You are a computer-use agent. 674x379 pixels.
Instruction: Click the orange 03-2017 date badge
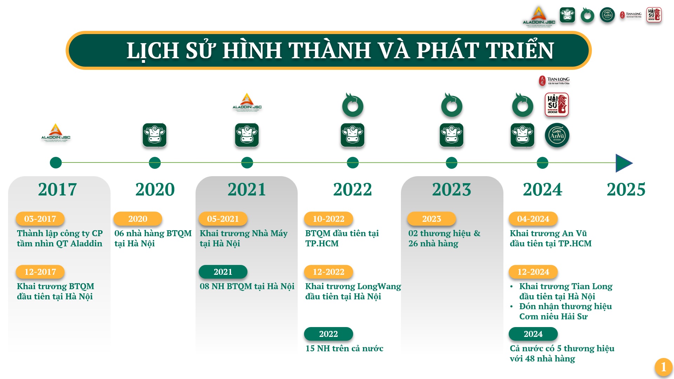click(40, 219)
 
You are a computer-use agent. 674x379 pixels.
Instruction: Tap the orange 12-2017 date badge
click(40, 272)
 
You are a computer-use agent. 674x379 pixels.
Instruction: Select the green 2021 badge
click(223, 272)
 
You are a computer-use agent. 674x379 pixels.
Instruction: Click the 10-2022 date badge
click(329, 219)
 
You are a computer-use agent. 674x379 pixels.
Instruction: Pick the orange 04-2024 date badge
click(533, 219)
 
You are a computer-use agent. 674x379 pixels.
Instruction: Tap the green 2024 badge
click(533, 334)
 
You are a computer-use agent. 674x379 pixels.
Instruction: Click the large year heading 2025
click(626, 189)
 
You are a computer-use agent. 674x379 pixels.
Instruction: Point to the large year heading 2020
click(155, 189)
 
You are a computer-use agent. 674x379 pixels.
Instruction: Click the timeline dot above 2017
click(56, 163)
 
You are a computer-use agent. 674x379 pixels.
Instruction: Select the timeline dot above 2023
click(451, 163)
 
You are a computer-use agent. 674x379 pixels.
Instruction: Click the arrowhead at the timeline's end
click(624, 163)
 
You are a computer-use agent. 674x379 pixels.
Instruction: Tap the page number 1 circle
click(663, 367)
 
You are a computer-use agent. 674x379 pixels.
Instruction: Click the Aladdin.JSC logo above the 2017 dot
click(56, 133)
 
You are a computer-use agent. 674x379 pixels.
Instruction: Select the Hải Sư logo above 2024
click(557, 105)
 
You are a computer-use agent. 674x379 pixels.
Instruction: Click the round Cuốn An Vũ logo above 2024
click(557, 135)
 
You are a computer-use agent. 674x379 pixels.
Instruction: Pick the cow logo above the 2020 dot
click(155, 135)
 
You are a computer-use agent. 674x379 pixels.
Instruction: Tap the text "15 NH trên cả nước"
click(344, 348)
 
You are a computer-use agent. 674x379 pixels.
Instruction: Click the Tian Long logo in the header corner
click(630, 15)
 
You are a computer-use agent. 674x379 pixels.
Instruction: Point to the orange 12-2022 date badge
click(329, 272)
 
